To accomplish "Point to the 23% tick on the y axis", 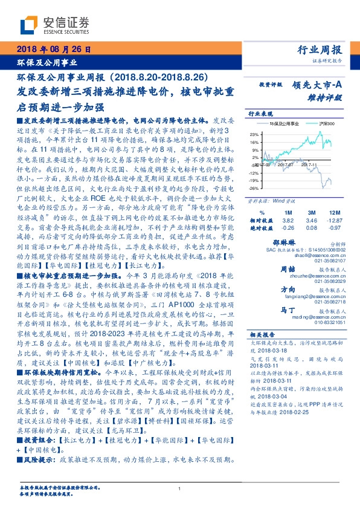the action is click(x=254, y=134).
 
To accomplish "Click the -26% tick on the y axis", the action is click(x=254, y=188).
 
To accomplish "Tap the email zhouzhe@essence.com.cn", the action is click(x=306, y=275).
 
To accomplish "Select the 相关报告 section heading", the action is click(x=262, y=334).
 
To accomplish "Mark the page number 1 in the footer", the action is click(x=179, y=489).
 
